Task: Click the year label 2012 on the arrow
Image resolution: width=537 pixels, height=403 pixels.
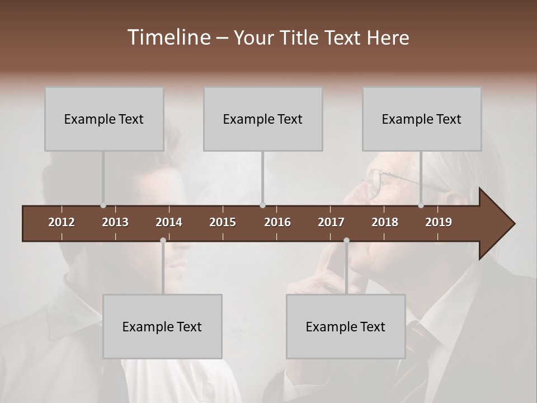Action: point(62,222)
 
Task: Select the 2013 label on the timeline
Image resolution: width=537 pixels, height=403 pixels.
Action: point(115,222)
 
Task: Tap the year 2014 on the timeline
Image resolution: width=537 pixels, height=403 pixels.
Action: point(169,222)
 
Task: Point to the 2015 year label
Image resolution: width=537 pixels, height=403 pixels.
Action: point(223,222)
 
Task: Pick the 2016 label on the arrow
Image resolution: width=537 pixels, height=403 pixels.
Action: point(277,222)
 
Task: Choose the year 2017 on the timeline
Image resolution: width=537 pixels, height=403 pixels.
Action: point(331,222)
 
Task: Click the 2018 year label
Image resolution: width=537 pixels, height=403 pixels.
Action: point(385,222)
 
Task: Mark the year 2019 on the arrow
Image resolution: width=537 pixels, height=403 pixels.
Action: point(439,222)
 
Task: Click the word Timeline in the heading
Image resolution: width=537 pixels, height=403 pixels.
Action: point(168,38)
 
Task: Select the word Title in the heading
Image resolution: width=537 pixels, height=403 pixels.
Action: point(300,38)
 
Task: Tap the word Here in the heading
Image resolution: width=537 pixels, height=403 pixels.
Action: point(388,38)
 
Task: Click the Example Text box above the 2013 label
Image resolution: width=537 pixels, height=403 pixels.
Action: point(104,119)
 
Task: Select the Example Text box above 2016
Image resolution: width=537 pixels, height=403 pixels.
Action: point(263,119)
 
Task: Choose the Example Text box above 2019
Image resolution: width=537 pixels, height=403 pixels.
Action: point(422,119)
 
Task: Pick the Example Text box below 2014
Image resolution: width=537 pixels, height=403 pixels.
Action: point(162,326)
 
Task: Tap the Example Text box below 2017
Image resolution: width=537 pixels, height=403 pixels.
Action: point(346,326)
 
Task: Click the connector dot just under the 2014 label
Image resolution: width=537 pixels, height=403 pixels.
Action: point(163,241)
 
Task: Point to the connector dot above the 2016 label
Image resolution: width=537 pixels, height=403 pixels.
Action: point(263,205)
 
